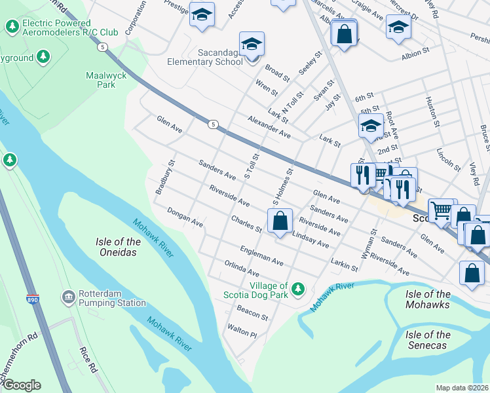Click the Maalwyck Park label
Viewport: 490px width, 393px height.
[x=105, y=80]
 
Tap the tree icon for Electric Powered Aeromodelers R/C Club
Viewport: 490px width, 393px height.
[x=11, y=26]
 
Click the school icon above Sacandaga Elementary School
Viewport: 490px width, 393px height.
[x=252, y=44]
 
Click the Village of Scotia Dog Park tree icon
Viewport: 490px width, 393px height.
[x=298, y=288]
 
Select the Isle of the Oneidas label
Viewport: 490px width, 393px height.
[x=120, y=247]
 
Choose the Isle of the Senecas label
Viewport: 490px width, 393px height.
[x=428, y=339]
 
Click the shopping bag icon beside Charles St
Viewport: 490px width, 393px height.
[x=280, y=221]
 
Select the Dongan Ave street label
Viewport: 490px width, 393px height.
[x=185, y=217]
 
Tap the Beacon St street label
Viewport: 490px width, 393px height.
[x=252, y=312]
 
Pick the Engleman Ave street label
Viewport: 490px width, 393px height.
[x=261, y=256]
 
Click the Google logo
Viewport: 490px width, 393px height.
[x=21, y=385]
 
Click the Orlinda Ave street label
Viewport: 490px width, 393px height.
[x=243, y=269]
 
